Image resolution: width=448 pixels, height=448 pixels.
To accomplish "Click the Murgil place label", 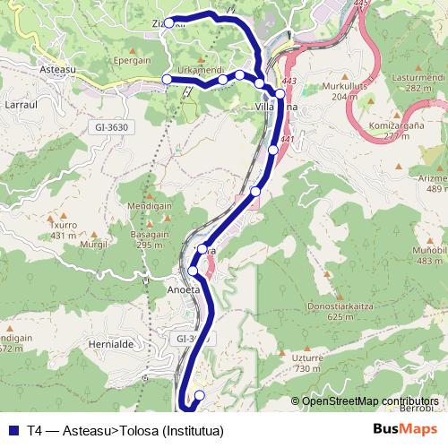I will point(93,244).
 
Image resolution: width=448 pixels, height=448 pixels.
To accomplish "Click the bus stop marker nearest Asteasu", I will point(167,80).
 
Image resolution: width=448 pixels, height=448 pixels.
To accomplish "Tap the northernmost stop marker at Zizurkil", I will point(168,23).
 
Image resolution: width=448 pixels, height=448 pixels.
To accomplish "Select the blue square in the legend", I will point(12,431).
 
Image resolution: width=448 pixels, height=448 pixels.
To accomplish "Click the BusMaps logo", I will point(405,429).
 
